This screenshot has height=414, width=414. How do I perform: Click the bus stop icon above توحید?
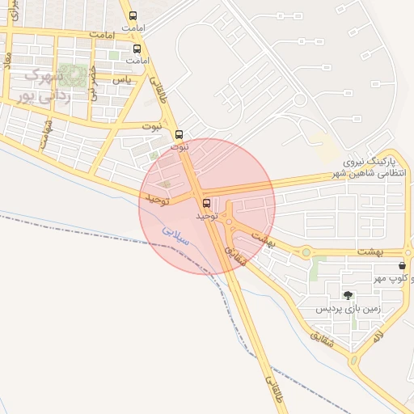click(x=206, y=203)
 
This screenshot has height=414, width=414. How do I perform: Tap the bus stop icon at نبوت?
click(x=179, y=135)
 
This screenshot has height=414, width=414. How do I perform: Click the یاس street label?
click(x=122, y=80)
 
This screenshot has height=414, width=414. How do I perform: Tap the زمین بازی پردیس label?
click(x=347, y=309)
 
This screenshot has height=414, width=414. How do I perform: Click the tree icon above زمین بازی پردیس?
click(x=348, y=296)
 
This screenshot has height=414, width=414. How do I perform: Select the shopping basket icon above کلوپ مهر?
click(x=402, y=265)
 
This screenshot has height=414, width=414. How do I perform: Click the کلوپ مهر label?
click(x=390, y=279)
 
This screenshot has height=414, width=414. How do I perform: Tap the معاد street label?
click(x=7, y=61)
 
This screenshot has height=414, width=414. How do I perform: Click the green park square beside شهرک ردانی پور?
click(x=75, y=76)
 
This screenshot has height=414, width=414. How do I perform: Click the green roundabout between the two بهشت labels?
click(x=306, y=252)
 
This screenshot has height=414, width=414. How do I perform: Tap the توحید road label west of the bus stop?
click(x=154, y=198)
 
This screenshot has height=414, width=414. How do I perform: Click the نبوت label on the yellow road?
click(x=151, y=126)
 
